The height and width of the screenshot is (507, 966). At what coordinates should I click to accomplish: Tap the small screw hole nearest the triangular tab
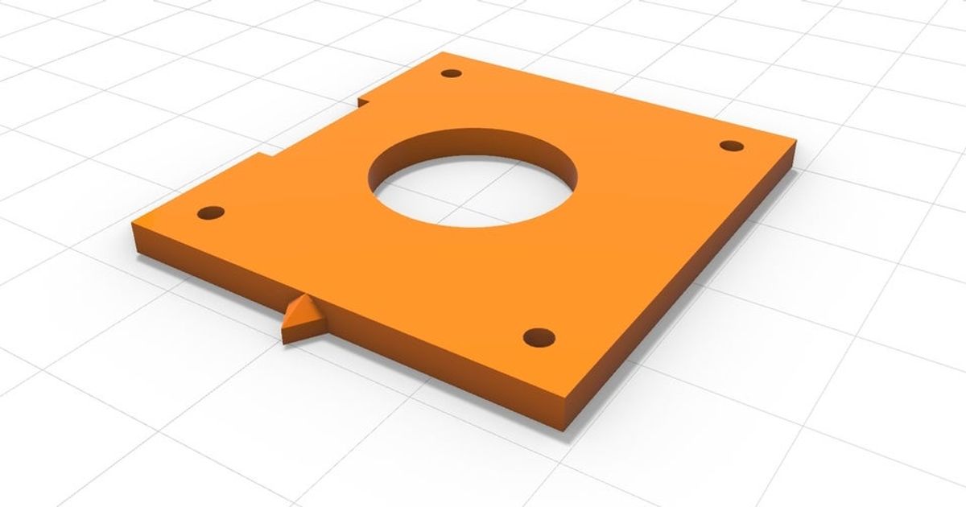211,214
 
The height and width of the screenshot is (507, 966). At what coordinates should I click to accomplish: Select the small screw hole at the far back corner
452,73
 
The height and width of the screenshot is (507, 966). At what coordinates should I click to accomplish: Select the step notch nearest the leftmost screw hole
266,156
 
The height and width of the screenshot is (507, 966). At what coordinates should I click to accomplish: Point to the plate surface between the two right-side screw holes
636,241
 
